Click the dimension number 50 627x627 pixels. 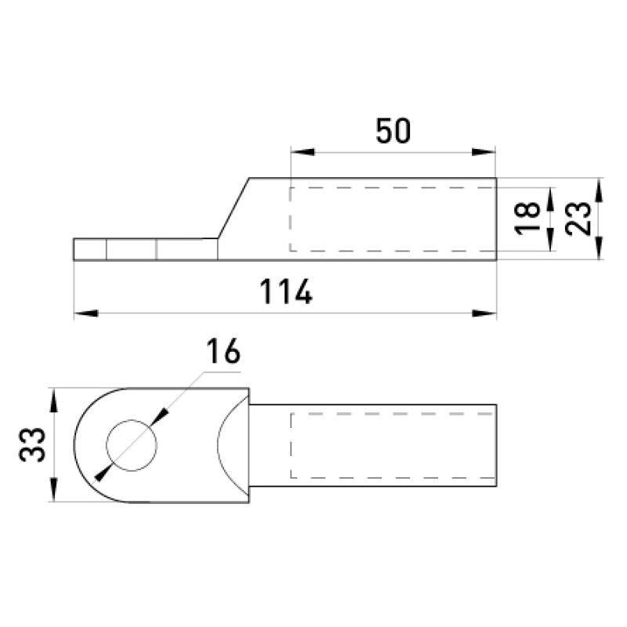[393, 131]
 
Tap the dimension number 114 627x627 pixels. [286, 292]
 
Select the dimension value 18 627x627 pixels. [527, 218]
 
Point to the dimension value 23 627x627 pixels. [578, 219]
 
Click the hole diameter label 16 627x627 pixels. [223, 351]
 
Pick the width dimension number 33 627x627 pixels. [32, 444]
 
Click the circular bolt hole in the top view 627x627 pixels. [132, 445]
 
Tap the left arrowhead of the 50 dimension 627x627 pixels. [303, 152]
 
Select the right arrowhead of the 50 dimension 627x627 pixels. [484, 152]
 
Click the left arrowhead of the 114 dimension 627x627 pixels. [86, 313]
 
